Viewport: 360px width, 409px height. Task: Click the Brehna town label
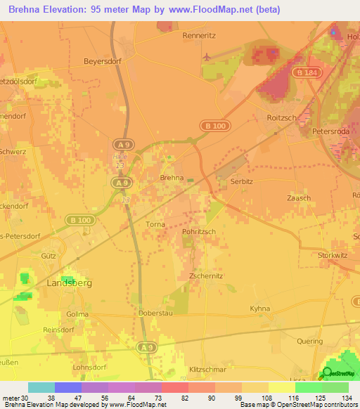click(x=172, y=178)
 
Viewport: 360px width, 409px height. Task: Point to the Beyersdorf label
click(x=103, y=61)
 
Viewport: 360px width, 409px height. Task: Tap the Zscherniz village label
click(x=206, y=276)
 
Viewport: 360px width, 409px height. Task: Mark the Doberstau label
click(x=155, y=313)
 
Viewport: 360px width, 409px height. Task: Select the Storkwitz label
click(x=334, y=255)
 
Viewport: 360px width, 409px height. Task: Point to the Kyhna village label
click(x=259, y=309)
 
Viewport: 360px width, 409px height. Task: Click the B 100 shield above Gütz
click(x=80, y=219)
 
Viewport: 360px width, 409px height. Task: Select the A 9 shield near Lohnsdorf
click(x=146, y=347)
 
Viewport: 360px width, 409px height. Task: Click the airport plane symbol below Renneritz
click(x=205, y=56)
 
